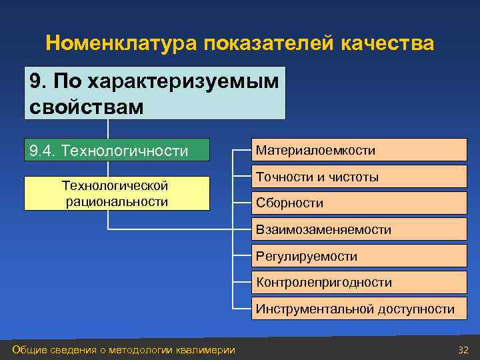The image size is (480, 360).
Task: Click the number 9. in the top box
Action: point(39,82)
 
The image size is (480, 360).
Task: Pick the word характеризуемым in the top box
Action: point(167,82)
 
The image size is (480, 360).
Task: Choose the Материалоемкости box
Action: point(359,151)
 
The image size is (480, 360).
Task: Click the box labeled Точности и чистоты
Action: point(359,177)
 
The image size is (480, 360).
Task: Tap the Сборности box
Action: point(359,203)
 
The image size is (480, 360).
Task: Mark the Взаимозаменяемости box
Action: point(359,229)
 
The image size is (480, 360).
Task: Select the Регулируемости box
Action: point(359,256)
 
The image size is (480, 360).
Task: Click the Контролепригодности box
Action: point(359,282)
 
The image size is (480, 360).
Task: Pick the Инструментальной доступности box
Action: point(359,309)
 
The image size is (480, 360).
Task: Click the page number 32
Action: point(463,350)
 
